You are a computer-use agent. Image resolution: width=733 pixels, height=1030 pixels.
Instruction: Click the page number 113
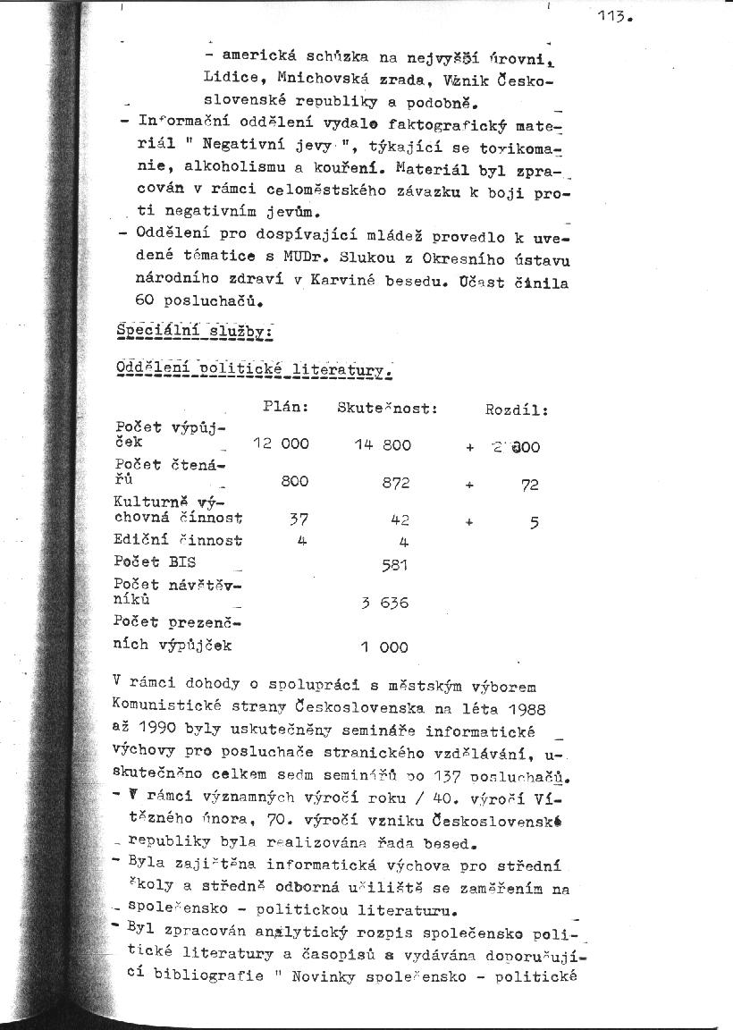click(x=617, y=17)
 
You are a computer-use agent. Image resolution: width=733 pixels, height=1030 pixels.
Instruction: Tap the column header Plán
click(x=286, y=407)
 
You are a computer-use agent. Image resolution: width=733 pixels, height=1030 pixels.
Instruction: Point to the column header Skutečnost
click(x=387, y=408)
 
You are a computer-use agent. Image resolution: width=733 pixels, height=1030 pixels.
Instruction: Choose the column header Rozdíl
click(x=516, y=409)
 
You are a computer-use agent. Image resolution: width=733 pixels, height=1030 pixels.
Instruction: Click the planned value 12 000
click(x=282, y=444)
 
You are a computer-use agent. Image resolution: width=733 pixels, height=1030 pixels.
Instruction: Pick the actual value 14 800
click(x=383, y=444)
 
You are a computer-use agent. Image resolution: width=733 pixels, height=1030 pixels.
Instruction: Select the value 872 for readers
click(x=396, y=482)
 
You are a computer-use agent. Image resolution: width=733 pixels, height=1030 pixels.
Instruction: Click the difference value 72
click(x=530, y=485)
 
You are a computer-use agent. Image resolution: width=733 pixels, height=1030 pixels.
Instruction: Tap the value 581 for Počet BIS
click(x=394, y=564)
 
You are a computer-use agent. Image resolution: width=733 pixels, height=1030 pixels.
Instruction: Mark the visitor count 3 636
click(x=384, y=603)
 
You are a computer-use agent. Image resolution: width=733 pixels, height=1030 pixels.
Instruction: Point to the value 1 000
click(x=384, y=646)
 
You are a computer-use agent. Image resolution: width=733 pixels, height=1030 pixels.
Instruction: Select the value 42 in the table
click(x=400, y=519)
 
